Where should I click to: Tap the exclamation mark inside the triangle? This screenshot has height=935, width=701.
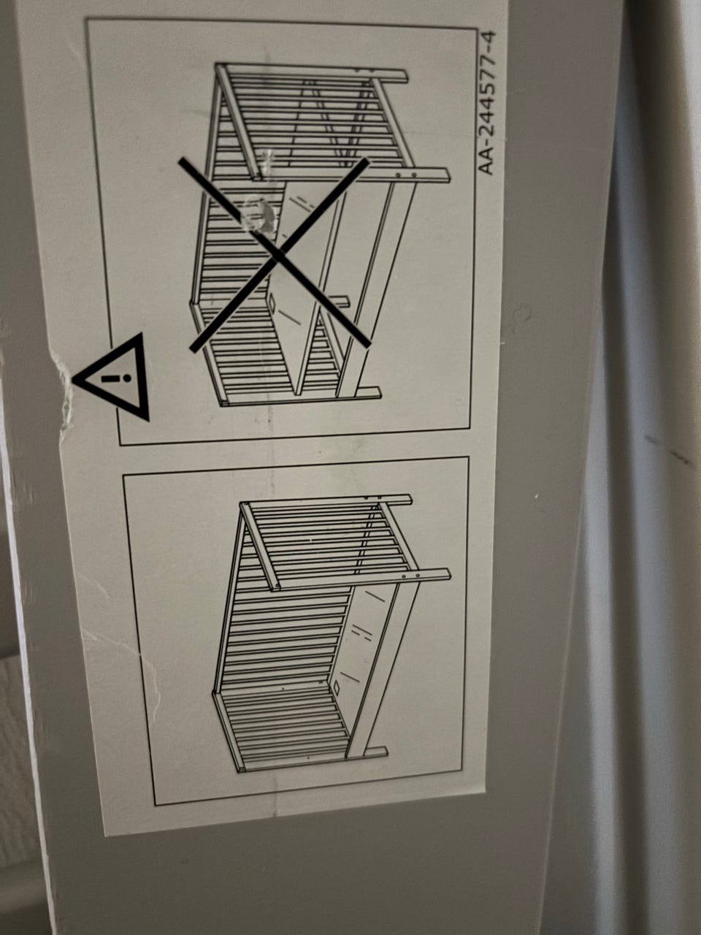[x=115, y=378]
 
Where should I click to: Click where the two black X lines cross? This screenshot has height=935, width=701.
[x=277, y=254]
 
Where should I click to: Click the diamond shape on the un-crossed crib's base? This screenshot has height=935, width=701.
[x=336, y=687]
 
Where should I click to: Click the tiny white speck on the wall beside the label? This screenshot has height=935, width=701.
[x=537, y=496]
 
